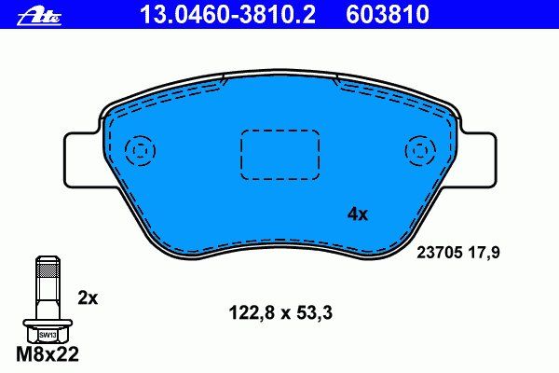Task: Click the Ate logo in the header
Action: pyautogui.click(x=39, y=17)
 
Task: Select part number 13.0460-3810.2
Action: pyautogui.click(x=228, y=14)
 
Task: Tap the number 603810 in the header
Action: pyautogui.click(x=388, y=14)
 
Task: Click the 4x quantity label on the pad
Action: pyautogui.click(x=358, y=214)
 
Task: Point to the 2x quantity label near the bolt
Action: pyautogui.click(x=88, y=298)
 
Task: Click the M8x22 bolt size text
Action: pyautogui.click(x=48, y=354)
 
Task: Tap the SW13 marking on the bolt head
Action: pyautogui.click(x=48, y=335)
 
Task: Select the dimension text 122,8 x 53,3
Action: pyautogui.click(x=280, y=313)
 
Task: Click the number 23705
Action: pyautogui.click(x=440, y=253)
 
